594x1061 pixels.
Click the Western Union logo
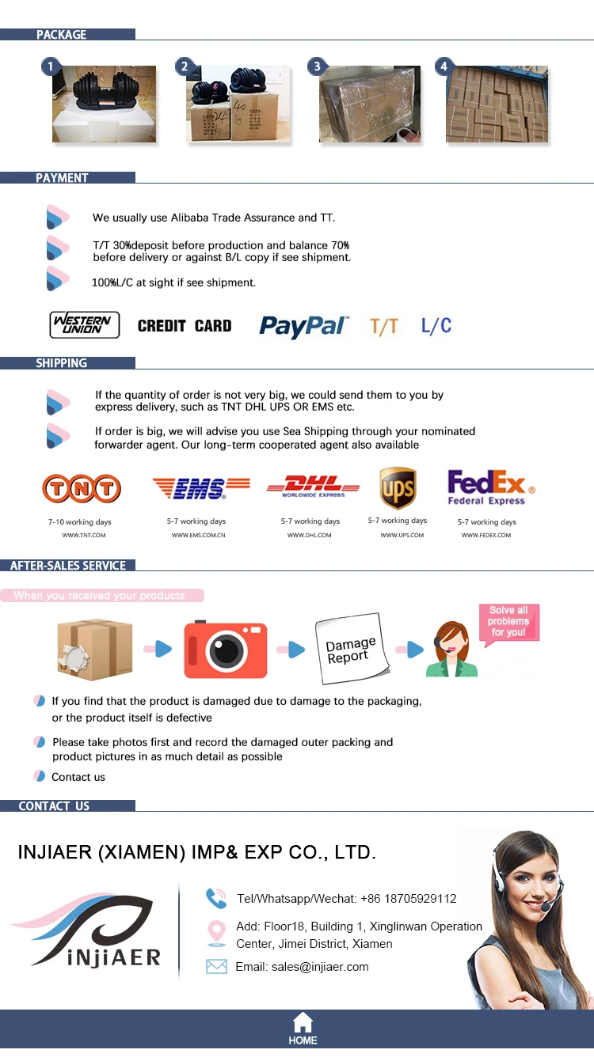(85, 325)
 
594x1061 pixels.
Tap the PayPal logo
(303, 326)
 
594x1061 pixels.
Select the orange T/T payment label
(384, 326)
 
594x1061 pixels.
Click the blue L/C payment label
(436, 325)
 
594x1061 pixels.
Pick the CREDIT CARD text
(185, 326)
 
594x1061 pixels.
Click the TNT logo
(82, 489)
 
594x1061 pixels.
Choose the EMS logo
(200, 487)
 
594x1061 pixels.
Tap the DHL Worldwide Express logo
(313, 486)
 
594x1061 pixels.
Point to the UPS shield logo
(398, 487)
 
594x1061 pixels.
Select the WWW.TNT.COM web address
(84, 536)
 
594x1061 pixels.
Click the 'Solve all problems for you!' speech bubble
(508, 623)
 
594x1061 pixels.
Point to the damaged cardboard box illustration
(95, 649)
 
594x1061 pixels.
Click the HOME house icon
(303, 1022)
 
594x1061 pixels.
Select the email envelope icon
(216, 966)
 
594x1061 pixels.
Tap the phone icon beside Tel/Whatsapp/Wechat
(216, 898)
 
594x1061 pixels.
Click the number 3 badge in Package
(318, 66)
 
